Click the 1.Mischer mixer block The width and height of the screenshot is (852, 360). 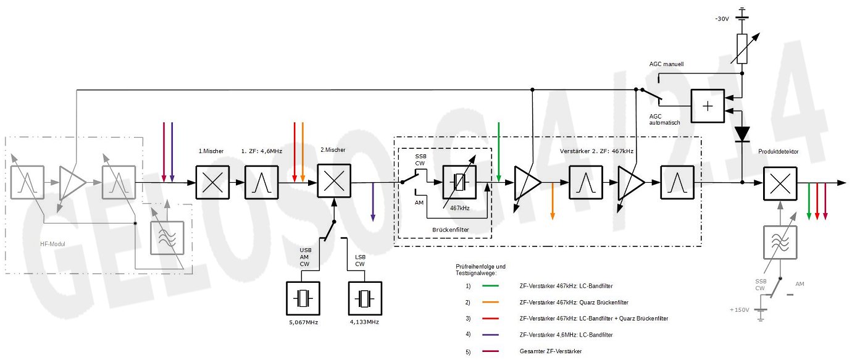point(212,182)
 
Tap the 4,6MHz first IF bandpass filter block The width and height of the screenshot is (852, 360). point(261,182)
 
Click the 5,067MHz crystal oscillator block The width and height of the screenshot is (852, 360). point(303,299)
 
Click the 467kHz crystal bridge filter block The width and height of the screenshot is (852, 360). point(459,182)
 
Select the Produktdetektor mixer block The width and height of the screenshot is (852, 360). point(780,183)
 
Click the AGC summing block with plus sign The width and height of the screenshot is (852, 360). point(707,106)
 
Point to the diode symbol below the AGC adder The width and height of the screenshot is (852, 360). point(741,133)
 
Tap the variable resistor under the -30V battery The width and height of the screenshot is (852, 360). point(741,49)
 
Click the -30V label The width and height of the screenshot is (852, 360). point(722,19)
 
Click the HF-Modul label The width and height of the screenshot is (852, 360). point(52,244)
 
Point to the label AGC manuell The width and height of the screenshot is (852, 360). point(666,64)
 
